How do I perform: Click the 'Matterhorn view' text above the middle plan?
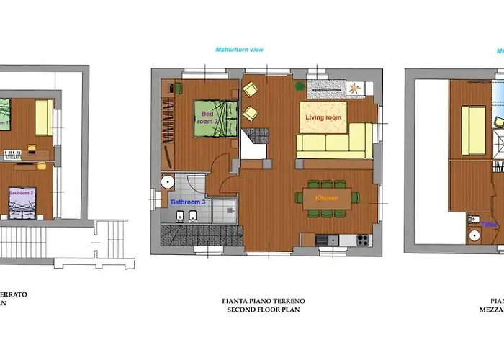point(239,50)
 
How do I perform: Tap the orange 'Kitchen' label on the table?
point(326,197)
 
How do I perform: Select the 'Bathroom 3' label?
point(188,202)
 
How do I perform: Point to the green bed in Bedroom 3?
point(215,117)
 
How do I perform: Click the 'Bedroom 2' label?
point(22,192)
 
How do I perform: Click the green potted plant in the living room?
point(300,86)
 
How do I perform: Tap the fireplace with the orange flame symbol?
point(355,87)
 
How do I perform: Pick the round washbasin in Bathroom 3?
point(168,182)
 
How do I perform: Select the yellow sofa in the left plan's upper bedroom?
point(43,117)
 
